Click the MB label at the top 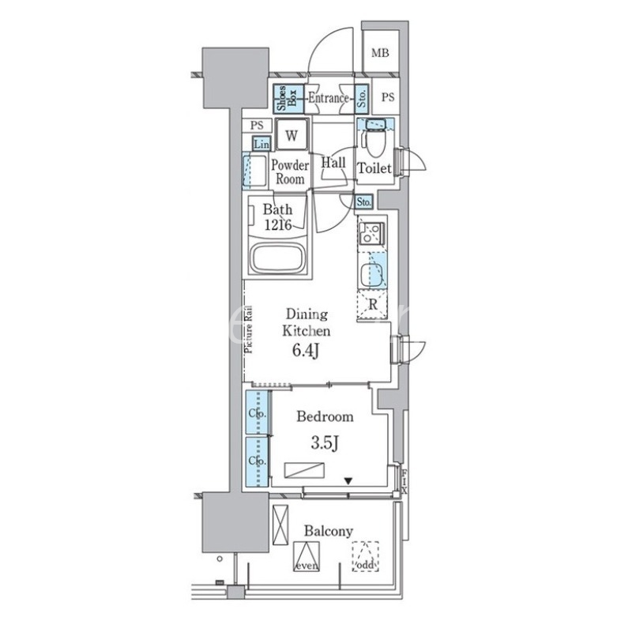(381, 54)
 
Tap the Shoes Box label (286, 99)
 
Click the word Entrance (328, 99)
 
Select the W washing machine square (292, 135)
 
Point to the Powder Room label (289, 172)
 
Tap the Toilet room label (374, 168)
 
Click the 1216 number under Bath (278, 226)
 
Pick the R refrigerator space (371, 303)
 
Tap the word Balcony (327, 531)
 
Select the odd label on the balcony (365, 566)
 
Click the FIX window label (404, 480)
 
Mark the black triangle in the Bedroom (347, 480)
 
